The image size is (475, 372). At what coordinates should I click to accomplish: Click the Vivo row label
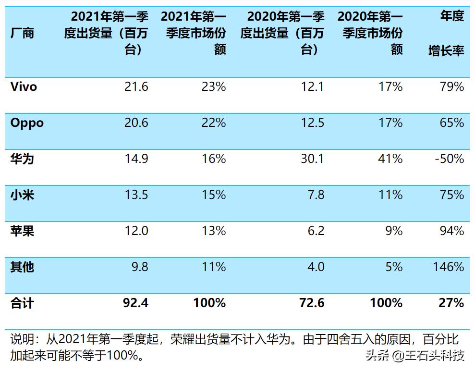tap(24, 87)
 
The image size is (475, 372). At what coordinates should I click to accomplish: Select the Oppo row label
tap(27, 123)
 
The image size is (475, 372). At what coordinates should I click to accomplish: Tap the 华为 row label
tap(22, 159)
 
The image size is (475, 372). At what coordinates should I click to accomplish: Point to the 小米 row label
tap(22, 195)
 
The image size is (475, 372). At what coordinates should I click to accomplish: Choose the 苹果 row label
tap(22, 231)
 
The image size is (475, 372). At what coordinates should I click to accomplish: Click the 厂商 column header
tap(22, 33)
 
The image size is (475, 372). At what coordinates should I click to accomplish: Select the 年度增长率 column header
tap(446, 34)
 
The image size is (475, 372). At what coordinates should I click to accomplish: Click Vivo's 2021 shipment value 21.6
tap(137, 87)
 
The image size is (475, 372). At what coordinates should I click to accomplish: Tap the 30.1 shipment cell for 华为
tap(313, 159)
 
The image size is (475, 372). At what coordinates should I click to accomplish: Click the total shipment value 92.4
tap(136, 303)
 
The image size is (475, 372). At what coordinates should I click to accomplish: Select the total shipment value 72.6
tap(312, 303)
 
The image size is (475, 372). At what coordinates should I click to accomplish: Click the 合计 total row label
tap(22, 303)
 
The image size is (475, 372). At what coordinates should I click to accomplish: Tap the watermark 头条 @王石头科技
tap(415, 356)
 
